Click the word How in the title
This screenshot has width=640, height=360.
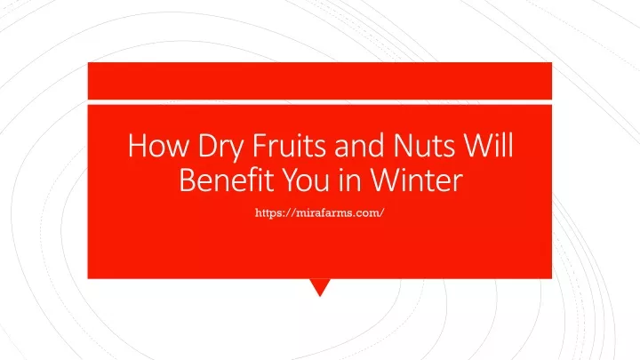[x=158, y=145]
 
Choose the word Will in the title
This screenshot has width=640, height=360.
[x=489, y=145]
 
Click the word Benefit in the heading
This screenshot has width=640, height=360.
[x=226, y=180]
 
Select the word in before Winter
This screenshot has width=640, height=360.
[x=350, y=180]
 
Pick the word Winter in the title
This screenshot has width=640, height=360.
[x=417, y=180]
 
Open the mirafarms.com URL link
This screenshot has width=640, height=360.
[x=320, y=213]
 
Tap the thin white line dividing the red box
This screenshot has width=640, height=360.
[x=320, y=102]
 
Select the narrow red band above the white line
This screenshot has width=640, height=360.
[x=320, y=81]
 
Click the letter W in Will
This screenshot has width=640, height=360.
[x=479, y=145]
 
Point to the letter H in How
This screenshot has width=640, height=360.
[x=137, y=145]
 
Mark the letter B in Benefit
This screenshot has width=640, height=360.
[x=188, y=180]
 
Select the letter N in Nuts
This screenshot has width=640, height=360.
[x=404, y=145]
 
